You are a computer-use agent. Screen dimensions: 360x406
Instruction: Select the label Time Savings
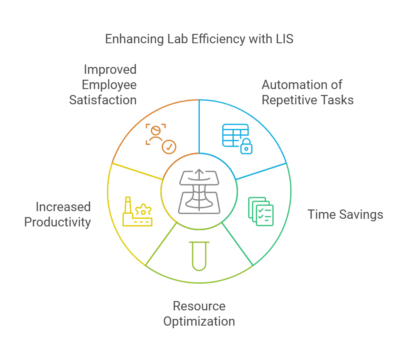(345, 215)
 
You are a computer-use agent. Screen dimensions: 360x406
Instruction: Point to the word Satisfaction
(103, 100)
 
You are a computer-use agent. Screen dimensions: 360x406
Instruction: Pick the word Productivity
(57, 222)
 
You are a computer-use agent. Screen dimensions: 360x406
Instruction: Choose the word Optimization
(199, 321)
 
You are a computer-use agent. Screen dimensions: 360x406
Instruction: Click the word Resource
(199, 306)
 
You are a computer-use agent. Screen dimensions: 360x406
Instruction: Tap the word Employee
(109, 85)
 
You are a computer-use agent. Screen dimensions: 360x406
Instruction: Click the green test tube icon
(199, 255)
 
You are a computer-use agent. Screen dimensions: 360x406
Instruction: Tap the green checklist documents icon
(260, 211)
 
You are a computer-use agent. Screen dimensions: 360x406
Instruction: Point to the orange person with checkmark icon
(160, 138)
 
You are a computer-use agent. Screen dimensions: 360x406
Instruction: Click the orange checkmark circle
(170, 147)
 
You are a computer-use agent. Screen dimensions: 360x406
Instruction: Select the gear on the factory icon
(145, 209)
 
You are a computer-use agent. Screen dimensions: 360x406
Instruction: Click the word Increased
(63, 207)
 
